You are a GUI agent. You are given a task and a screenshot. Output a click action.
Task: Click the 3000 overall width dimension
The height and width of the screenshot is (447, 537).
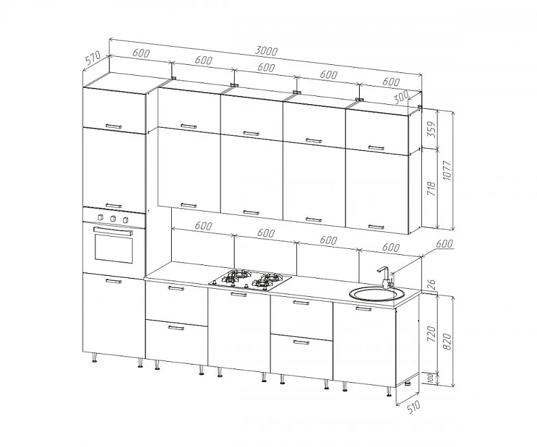[266, 51]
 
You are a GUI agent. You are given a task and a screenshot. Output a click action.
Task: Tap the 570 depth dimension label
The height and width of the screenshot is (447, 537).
[93, 58]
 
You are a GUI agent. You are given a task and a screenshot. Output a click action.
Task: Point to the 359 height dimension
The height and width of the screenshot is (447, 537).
[432, 129]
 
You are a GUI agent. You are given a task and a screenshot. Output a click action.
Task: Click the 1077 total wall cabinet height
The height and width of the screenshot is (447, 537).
[448, 170]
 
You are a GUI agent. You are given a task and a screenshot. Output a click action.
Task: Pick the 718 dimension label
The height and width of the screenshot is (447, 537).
[432, 189]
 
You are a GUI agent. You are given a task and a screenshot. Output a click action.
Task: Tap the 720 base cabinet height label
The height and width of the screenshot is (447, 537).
[432, 334]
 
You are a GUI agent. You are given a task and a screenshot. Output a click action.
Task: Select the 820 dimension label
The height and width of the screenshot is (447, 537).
[447, 341]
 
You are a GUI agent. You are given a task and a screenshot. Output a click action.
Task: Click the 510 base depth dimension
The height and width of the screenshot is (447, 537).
[414, 407]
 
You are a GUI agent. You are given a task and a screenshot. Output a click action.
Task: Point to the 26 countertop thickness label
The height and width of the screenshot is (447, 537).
[432, 283]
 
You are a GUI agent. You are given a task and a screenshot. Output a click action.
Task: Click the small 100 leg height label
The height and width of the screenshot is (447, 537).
[431, 378]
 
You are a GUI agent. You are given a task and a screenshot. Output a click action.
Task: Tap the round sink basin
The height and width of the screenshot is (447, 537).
[377, 294]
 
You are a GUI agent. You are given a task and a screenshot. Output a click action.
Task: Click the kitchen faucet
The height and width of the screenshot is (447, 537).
[386, 277]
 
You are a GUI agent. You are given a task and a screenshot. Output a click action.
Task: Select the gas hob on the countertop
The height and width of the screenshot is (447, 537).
[250, 279]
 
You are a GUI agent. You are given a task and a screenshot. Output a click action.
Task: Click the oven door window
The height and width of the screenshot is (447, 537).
[114, 249]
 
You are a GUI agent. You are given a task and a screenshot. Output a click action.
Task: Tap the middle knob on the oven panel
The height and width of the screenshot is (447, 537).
[113, 218]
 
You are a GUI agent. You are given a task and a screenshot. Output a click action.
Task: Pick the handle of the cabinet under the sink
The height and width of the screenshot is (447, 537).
[364, 309]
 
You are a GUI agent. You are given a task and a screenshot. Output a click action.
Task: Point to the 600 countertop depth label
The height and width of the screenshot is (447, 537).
[444, 243]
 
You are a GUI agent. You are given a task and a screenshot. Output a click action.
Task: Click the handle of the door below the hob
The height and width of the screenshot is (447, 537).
[238, 294]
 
